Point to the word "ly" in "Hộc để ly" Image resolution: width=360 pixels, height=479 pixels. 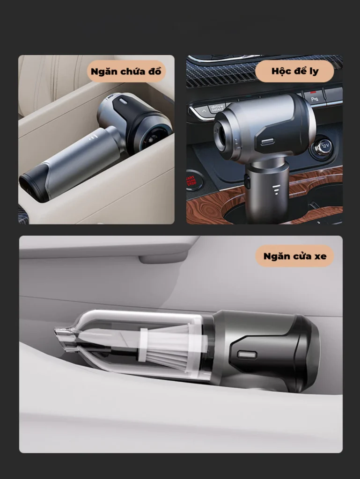[314, 72]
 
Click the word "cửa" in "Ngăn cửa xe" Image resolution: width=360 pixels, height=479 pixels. [298, 256]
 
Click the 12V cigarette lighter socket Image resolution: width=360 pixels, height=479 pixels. [322, 147]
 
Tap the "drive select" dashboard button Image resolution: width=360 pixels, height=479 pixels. [217, 108]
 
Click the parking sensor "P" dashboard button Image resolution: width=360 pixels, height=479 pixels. [314, 97]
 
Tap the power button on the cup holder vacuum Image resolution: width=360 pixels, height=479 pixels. [267, 142]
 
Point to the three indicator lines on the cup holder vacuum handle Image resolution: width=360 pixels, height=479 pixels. [276, 189]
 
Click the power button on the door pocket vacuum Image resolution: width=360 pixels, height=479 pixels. [247, 355]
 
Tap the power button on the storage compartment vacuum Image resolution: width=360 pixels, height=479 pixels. [123, 101]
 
